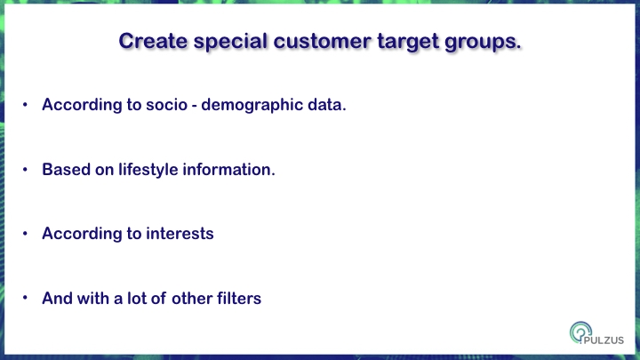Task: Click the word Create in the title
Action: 153,41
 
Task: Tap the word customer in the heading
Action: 323,41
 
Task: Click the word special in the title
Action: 230,42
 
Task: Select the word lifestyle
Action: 148,170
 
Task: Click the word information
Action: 228,170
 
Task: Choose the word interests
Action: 180,234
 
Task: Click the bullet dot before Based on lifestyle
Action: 25,170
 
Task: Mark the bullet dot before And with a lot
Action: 25,298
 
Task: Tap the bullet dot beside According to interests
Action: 25,234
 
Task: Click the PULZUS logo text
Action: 604,340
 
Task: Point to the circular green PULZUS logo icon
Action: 580,332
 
